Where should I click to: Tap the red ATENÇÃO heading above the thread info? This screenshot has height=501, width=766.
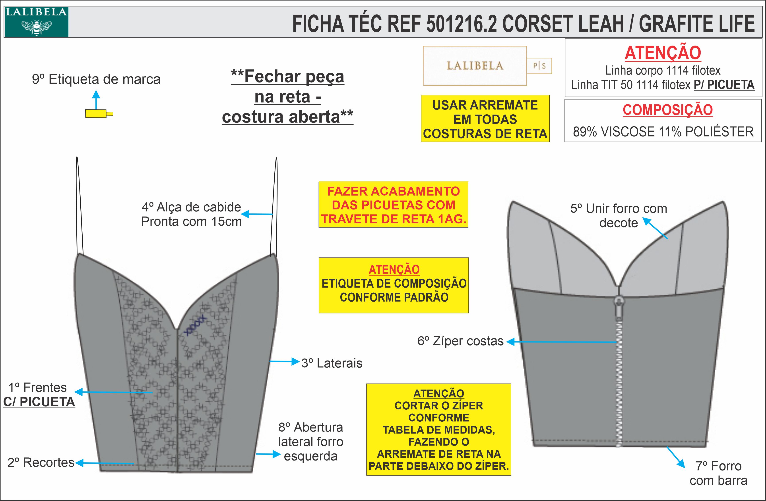(x=663, y=53)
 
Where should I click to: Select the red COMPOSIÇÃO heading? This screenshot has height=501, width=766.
(x=667, y=110)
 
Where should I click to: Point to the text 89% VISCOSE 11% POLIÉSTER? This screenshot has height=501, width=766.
(x=663, y=132)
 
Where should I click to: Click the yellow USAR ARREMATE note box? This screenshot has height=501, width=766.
(x=485, y=119)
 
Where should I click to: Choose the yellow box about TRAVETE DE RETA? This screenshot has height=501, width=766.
(x=393, y=205)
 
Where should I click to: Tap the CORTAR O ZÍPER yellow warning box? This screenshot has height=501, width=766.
(x=439, y=429)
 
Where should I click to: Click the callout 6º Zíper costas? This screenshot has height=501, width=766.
(x=460, y=341)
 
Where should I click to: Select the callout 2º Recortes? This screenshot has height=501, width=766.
(x=41, y=463)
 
